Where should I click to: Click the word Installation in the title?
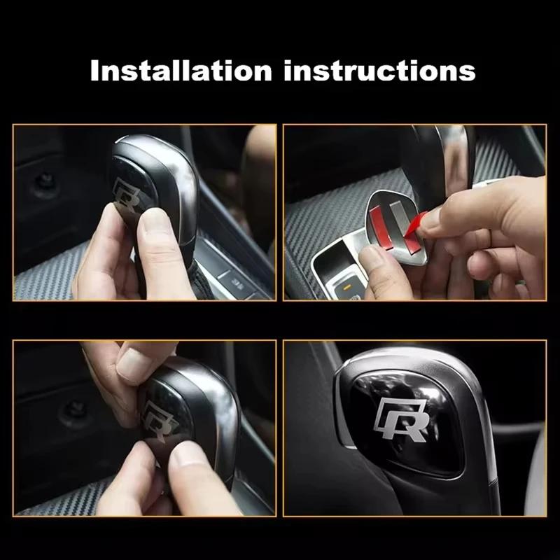(181, 71)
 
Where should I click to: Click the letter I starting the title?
(96, 71)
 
